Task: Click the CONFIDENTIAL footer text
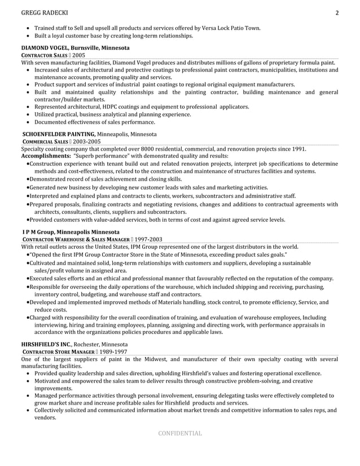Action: (x=179, y=433)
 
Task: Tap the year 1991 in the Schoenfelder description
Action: (x=296, y=149)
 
